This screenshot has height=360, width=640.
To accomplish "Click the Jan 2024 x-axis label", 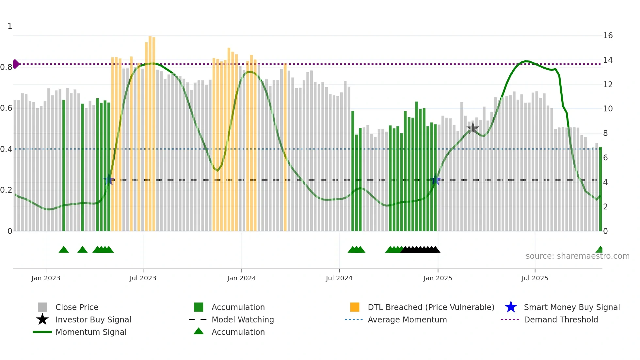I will [x=241, y=278].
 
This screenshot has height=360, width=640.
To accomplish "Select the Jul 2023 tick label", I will [x=143, y=278].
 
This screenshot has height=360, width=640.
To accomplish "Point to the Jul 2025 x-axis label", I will [x=535, y=278].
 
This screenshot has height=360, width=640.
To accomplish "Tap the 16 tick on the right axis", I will [x=608, y=36].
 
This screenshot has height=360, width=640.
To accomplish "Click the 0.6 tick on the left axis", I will [x=6, y=108].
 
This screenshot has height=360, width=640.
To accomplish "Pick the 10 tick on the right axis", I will [x=608, y=109].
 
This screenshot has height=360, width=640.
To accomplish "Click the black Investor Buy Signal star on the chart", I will [x=472, y=128].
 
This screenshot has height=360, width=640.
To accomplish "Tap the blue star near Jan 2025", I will [x=435, y=180].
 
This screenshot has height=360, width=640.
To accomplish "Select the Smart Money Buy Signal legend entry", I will [x=571, y=307].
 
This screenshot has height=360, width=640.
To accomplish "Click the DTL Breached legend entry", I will [x=431, y=307].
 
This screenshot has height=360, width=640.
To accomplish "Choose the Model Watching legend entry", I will [x=242, y=320].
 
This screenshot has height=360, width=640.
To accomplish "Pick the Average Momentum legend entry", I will [x=407, y=320].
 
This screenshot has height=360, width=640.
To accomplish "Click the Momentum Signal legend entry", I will [x=91, y=332].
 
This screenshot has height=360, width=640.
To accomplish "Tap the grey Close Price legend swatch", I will [x=42, y=307].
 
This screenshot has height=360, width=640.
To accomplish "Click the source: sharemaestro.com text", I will [x=577, y=256].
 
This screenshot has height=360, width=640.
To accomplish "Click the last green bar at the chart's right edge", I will [x=600, y=189].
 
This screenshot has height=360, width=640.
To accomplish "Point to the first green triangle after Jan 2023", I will [x=64, y=250].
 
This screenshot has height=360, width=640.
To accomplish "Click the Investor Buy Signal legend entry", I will [x=93, y=320].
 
